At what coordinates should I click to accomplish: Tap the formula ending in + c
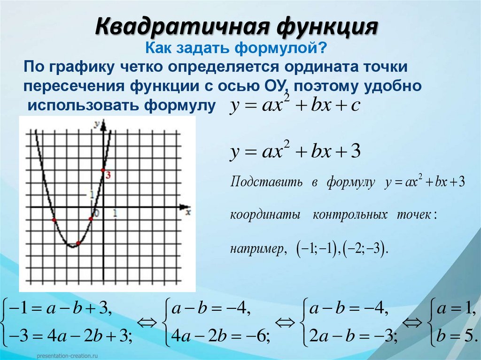click(x=295, y=106)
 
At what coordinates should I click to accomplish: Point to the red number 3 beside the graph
click(x=109, y=175)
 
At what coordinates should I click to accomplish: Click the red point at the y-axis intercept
click(x=103, y=170)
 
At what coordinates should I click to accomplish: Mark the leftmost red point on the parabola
click(x=54, y=220)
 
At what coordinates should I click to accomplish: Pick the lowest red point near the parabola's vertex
click(x=78, y=243)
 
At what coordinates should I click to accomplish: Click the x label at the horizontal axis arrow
click(x=188, y=212)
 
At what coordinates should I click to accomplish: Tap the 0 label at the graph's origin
click(x=97, y=214)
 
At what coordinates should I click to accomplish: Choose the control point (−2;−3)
click(x=364, y=248)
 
